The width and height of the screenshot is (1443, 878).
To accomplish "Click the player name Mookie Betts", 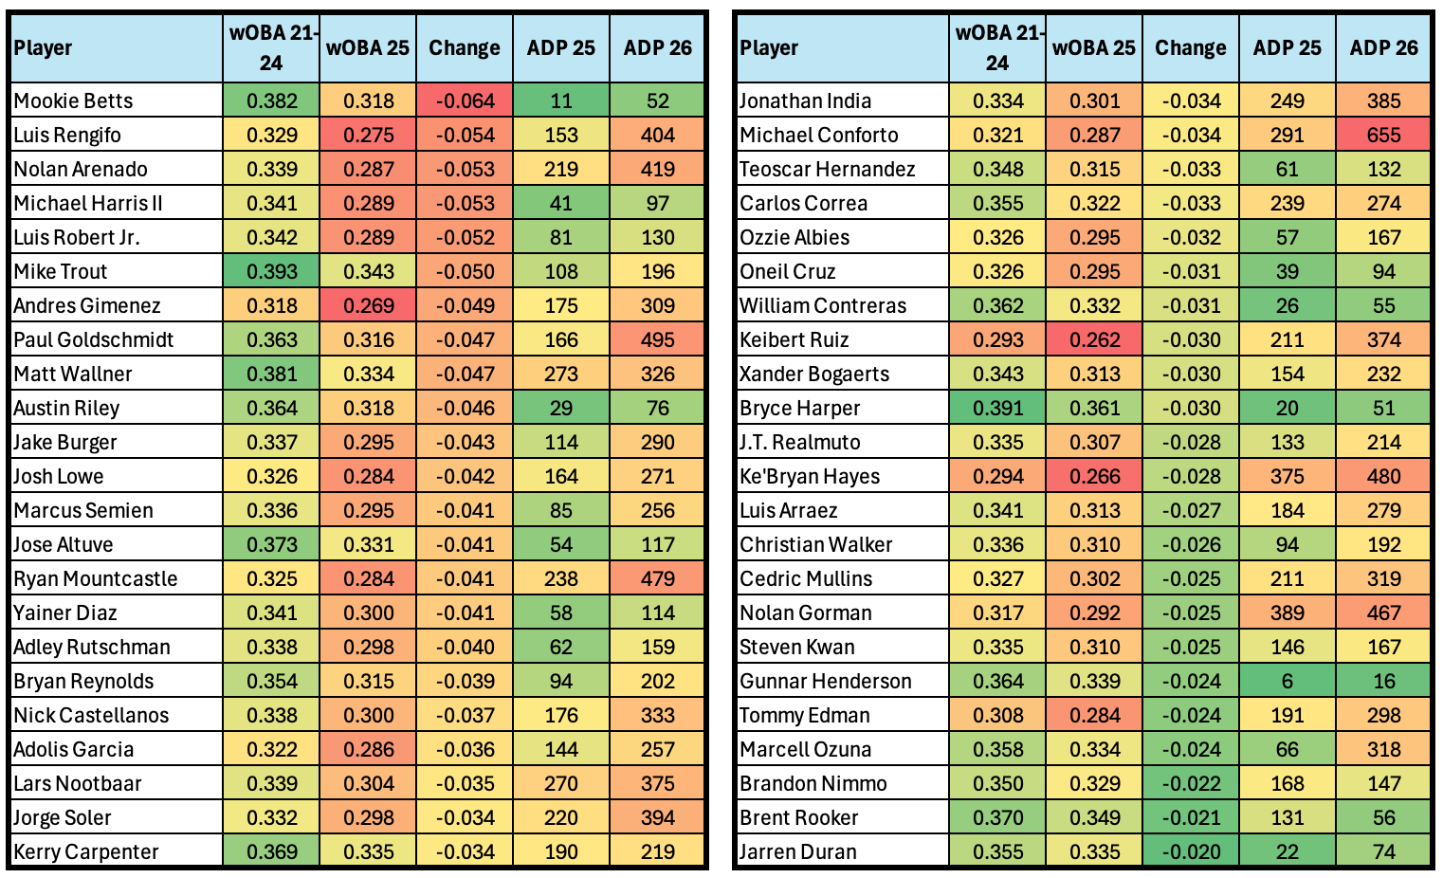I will tap(73, 101).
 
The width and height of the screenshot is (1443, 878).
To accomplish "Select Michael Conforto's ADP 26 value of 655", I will tap(1383, 135).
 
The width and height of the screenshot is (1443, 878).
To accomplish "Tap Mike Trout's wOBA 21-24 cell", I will tap(271, 271).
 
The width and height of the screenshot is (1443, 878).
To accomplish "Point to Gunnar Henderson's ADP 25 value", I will tap(1287, 681).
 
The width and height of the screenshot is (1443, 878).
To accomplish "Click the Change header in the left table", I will tap(464, 47).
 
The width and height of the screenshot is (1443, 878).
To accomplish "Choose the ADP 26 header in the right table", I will tap(1383, 47).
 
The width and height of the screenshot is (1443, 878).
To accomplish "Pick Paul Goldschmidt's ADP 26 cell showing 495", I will tap(657, 339).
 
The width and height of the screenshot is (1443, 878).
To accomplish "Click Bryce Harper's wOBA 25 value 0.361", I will tap(1093, 408).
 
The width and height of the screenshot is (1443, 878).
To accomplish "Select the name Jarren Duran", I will tap(797, 851).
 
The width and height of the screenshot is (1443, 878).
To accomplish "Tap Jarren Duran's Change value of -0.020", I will tap(1190, 851).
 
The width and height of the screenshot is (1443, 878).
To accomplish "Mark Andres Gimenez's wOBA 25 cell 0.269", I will tap(368, 305).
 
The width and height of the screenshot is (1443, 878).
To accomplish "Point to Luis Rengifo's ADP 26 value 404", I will tap(657, 135).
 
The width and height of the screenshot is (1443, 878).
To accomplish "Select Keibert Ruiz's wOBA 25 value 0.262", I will tap(1093, 339).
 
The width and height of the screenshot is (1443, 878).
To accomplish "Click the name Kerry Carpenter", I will tap(86, 851).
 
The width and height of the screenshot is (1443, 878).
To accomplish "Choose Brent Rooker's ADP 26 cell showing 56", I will tap(1383, 817).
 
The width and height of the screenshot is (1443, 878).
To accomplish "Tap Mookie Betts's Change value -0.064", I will tap(464, 101).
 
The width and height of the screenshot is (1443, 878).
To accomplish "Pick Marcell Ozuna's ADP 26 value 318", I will tap(1383, 749).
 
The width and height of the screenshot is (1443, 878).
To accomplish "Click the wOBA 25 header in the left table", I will tap(368, 47).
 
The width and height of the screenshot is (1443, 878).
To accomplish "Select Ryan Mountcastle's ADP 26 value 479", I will tap(657, 578).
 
